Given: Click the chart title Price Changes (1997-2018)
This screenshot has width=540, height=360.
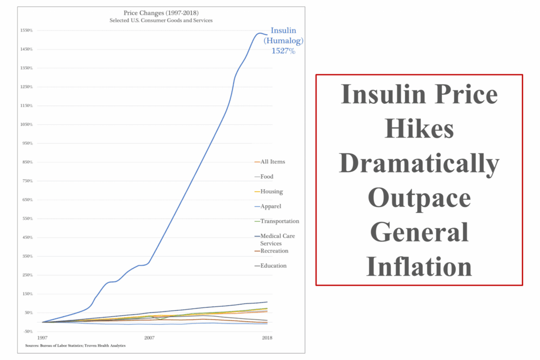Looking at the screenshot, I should [x=155, y=13].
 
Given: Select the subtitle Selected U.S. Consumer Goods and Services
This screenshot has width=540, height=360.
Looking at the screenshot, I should [x=155, y=20].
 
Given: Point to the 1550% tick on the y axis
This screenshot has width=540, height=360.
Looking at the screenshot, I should [x=26, y=30].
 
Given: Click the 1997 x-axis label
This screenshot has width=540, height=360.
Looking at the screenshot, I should [x=43, y=337].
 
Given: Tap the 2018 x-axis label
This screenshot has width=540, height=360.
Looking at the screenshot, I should [x=268, y=337].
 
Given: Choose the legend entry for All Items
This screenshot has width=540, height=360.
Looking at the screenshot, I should [x=273, y=162].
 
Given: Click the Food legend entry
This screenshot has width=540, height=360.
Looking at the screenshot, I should [x=267, y=177].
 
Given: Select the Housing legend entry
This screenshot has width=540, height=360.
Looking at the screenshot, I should [x=272, y=191].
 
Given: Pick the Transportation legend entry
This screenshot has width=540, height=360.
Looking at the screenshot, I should [x=279, y=221].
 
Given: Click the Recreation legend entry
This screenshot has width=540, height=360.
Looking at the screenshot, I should [x=274, y=251].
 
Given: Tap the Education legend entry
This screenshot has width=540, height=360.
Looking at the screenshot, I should [x=273, y=266].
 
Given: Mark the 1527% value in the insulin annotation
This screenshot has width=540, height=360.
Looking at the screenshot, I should [x=283, y=52].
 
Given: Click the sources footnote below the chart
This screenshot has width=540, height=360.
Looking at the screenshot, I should [x=75, y=346].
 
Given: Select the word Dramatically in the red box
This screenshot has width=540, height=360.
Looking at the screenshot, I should [x=419, y=165].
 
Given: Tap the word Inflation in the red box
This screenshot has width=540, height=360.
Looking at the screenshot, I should [x=419, y=266].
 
